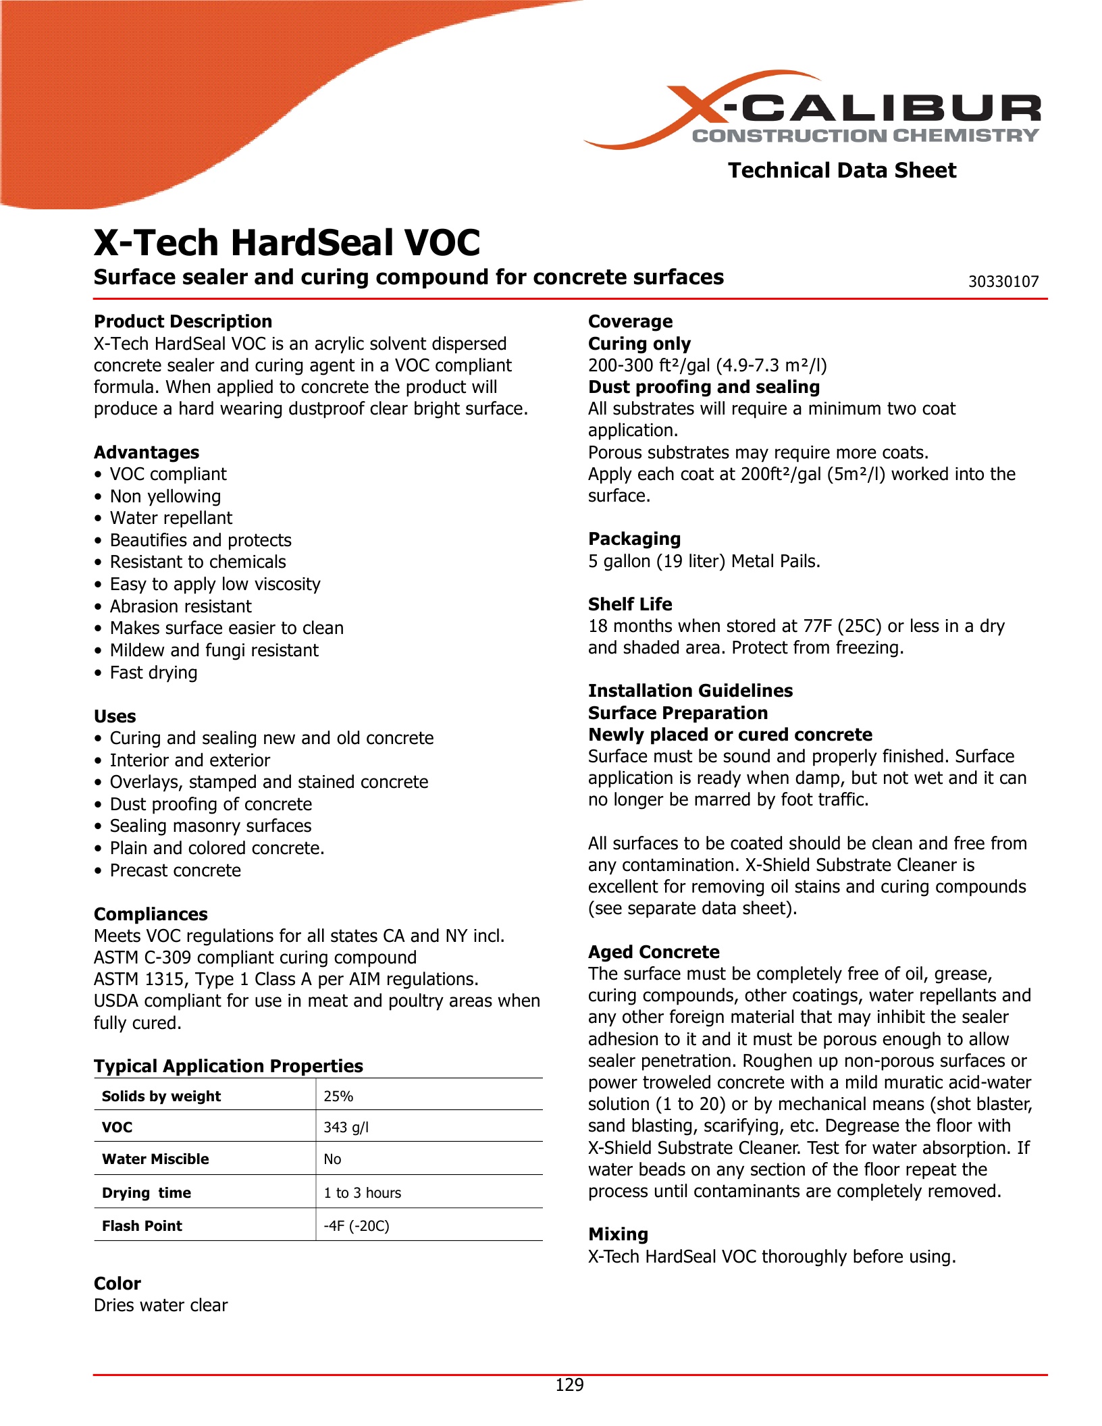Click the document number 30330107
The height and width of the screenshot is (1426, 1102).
1003,282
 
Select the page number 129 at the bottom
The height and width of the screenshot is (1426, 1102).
569,1385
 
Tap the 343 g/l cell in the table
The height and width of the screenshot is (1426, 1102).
346,1127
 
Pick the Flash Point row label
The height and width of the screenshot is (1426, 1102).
142,1225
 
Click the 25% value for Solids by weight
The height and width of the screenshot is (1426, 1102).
338,1096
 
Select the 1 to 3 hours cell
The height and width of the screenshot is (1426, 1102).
362,1192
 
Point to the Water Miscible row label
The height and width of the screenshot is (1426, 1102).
155,1159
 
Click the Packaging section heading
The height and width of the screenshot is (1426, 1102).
634,539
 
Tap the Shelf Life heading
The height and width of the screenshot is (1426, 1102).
630,604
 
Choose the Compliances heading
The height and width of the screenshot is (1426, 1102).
151,914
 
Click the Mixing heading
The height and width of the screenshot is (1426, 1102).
618,1234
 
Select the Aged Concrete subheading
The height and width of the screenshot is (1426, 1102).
654,951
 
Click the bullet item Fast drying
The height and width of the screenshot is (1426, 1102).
153,672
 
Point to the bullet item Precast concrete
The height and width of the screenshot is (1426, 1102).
175,870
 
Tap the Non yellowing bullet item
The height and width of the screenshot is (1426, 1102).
165,496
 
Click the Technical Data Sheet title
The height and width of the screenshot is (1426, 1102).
841,170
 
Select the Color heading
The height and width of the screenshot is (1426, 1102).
117,1283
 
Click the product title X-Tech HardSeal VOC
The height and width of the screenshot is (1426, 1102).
287,242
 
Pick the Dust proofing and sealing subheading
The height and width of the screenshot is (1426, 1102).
704,387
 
